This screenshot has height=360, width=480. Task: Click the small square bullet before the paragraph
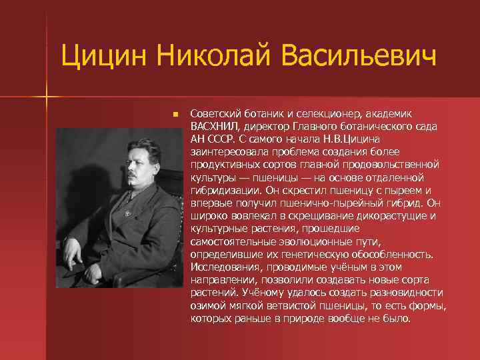click(x=175, y=115)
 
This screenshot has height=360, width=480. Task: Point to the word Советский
click(x=214, y=114)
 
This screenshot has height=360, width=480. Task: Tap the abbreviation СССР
click(x=222, y=139)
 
